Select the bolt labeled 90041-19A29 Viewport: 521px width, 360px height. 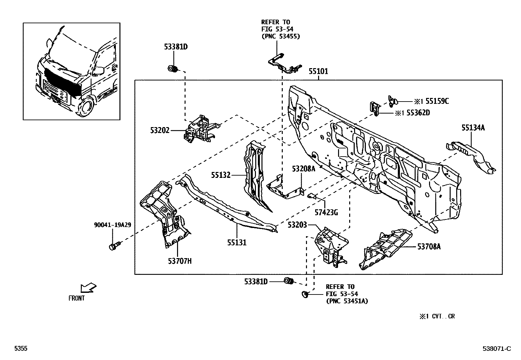114,245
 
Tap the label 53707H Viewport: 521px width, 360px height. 180,261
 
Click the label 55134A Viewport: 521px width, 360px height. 473,128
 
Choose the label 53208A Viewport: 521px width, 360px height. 303,169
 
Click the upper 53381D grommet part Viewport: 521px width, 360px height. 172,69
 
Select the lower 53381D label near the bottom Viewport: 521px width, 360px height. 256,281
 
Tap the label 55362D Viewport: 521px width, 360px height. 417,113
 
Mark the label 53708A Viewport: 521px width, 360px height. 429,247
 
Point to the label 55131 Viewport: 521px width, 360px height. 237,243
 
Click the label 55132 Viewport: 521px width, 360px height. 221,175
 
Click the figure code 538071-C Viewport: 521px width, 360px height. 496,349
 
